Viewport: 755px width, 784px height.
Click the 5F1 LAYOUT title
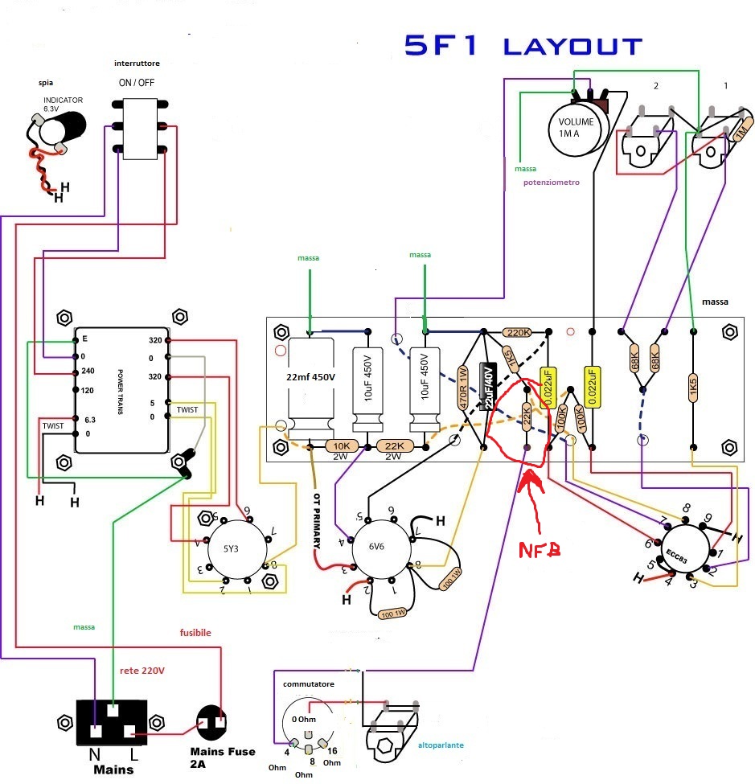click(x=523, y=47)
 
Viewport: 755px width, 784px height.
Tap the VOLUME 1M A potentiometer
click(x=576, y=127)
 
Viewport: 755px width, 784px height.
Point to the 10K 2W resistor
click(x=341, y=446)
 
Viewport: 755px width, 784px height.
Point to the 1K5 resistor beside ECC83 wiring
click(x=692, y=385)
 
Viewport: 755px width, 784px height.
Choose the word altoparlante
click(x=441, y=745)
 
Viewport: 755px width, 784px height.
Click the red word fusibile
click(x=195, y=633)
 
